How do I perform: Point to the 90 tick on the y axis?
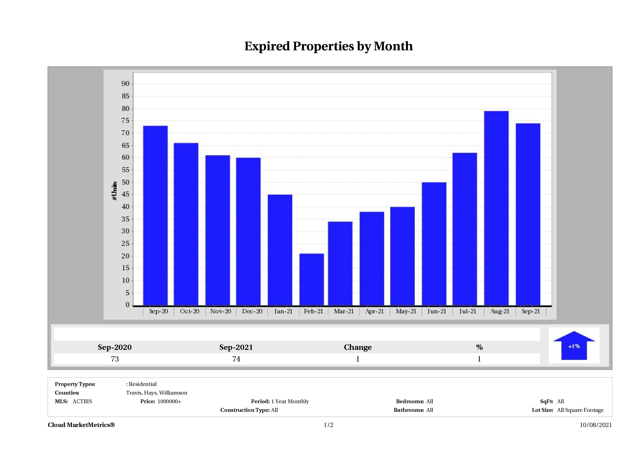coord(125,84)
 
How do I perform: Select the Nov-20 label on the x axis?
coord(221,311)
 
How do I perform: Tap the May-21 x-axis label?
coord(406,311)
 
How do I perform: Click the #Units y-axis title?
coord(114,191)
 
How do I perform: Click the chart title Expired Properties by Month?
coord(329,46)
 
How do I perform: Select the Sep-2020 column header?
coord(115,347)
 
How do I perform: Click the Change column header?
coord(358,347)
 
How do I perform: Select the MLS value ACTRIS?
coord(82,401)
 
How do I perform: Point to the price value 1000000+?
coord(169,401)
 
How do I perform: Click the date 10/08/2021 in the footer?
coord(596,425)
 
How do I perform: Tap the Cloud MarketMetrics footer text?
coord(81,425)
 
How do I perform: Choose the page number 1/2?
coord(329,425)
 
